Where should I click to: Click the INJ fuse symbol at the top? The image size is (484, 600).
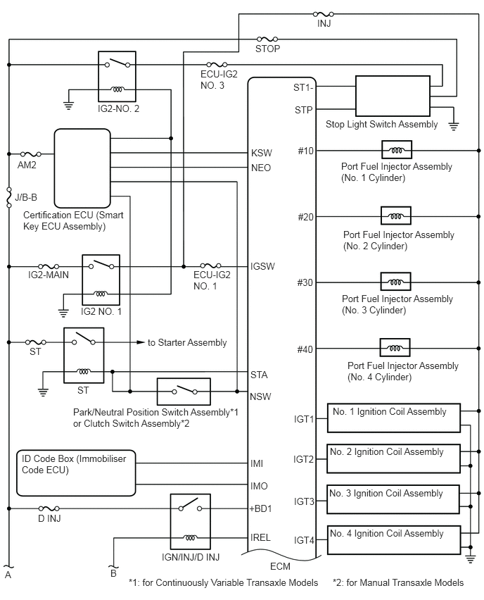pyautogui.click(x=324, y=14)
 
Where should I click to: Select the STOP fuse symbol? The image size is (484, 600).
pyautogui.click(x=267, y=39)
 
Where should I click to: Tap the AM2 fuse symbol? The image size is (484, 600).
pyautogui.click(x=30, y=154)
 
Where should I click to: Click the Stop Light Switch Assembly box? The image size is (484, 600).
pyautogui.click(x=393, y=96)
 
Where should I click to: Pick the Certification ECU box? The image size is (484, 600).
pyautogui.click(x=82, y=168)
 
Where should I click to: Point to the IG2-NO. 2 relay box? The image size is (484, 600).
pyautogui.click(x=117, y=76)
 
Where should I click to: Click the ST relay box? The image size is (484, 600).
pyautogui.click(x=84, y=355)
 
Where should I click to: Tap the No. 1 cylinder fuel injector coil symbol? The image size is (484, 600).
pyautogui.click(x=397, y=149)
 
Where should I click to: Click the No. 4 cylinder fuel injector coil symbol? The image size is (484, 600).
pyautogui.click(x=395, y=347)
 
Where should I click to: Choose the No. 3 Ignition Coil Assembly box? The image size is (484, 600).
pyautogui.click(x=393, y=499)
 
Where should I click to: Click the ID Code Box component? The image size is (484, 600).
pyautogui.click(x=76, y=473)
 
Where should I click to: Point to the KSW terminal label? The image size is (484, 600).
pyautogui.click(x=262, y=153)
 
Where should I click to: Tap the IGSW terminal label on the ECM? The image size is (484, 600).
pyautogui.click(x=262, y=266)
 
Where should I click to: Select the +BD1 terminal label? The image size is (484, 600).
pyautogui.click(x=260, y=508)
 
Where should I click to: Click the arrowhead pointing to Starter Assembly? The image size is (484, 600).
pyautogui.click(x=141, y=342)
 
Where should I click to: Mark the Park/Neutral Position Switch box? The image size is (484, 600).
pyautogui.click(x=184, y=392)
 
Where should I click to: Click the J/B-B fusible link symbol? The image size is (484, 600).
pyautogui.click(x=8, y=197)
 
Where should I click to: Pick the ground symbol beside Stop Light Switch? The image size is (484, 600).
pyautogui.click(x=454, y=126)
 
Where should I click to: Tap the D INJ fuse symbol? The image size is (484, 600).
pyautogui.click(x=49, y=508)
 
